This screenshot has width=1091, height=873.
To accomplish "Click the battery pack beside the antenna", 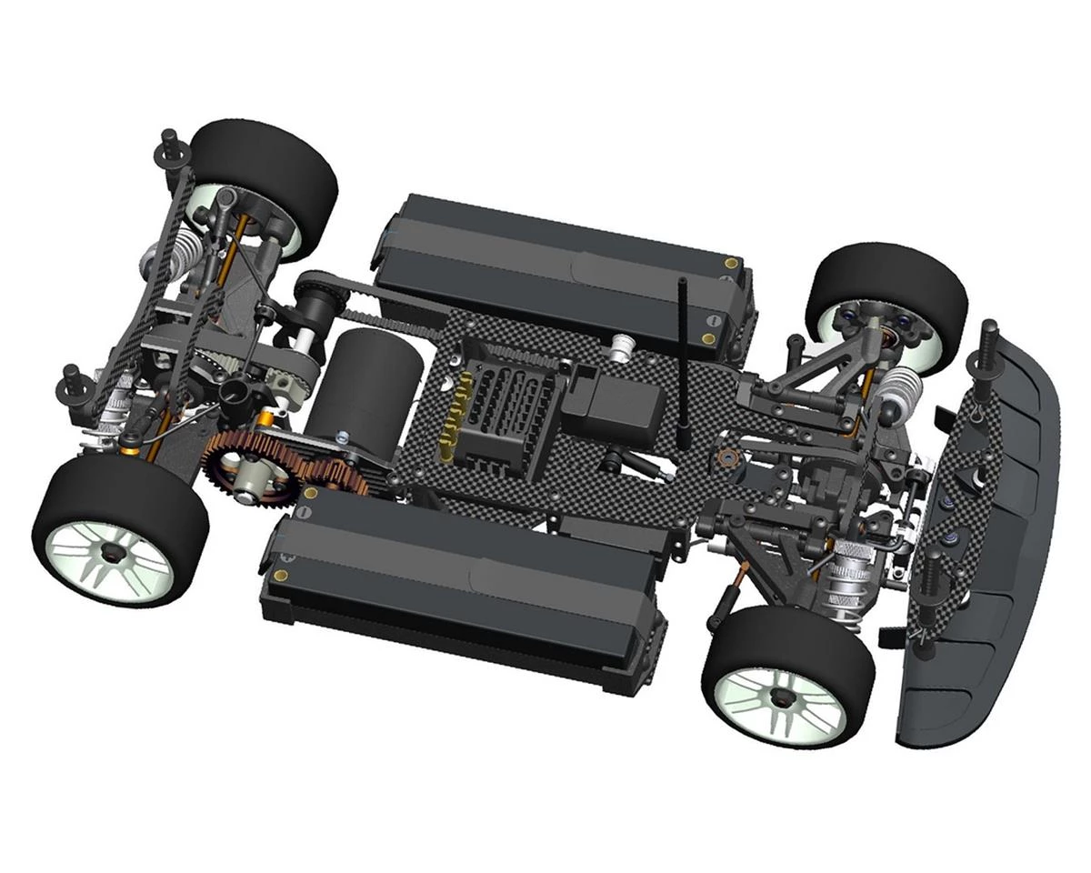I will click(564, 264).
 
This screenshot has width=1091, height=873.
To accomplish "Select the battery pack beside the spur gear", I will click(464, 582).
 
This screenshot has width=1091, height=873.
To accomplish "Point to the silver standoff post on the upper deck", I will click(624, 346).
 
